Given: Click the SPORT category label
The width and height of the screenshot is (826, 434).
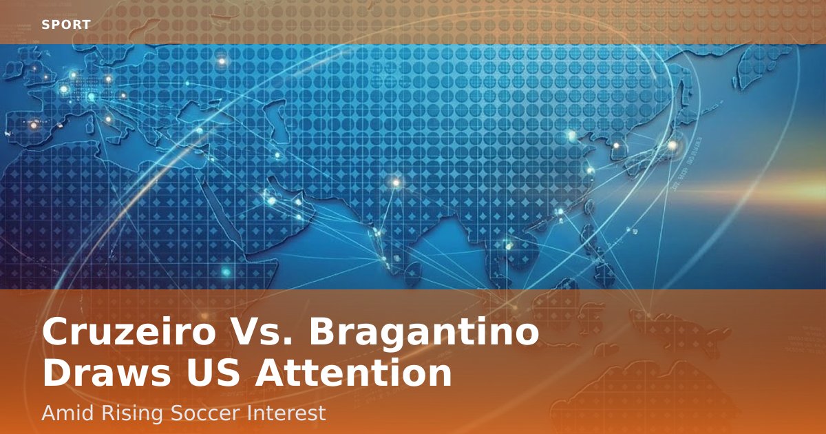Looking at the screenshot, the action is (66, 25).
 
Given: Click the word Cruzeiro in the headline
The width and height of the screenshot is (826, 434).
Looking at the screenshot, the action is (129, 331).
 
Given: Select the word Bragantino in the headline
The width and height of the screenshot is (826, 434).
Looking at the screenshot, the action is (424, 332).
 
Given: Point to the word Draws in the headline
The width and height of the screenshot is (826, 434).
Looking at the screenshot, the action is (107, 373).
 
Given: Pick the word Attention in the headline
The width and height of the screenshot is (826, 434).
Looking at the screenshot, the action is (353, 373).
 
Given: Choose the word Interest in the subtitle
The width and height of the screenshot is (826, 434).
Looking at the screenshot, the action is (286, 413).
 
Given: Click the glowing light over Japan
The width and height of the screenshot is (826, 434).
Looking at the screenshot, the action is (673, 145).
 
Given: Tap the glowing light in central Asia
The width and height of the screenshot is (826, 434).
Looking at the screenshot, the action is (396, 183).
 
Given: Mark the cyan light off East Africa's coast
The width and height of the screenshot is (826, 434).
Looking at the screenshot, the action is (226, 272).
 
